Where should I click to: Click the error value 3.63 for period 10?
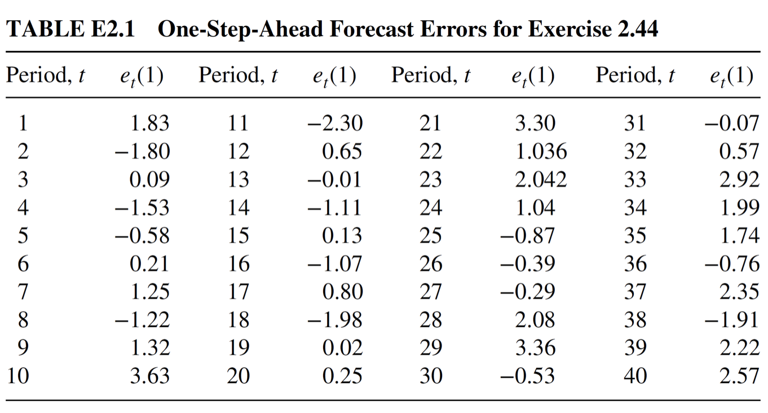pyautogui.click(x=149, y=376)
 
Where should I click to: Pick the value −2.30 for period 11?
pyautogui.click(x=334, y=122)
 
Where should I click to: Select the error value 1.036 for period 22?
pyautogui.click(x=541, y=151)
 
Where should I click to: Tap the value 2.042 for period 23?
pyautogui.click(x=541, y=179)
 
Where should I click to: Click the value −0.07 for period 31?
pyautogui.click(x=732, y=122)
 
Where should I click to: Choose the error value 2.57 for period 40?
pyautogui.click(x=739, y=376)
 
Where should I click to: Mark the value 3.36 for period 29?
pyautogui.click(x=535, y=348)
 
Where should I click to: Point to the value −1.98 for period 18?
pyautogui.click(x=334, y=319)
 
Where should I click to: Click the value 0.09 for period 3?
pyautogui.click(x=149, y=179)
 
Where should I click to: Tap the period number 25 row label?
pyautogui.click(x=430, y=235)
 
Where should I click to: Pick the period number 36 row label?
pyautogui.click(x=635, y=263)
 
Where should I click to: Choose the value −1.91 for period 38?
pyautogui.click(x=732, y=319)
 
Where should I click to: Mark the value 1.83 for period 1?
pyautogui.click(x=149, y=122)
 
